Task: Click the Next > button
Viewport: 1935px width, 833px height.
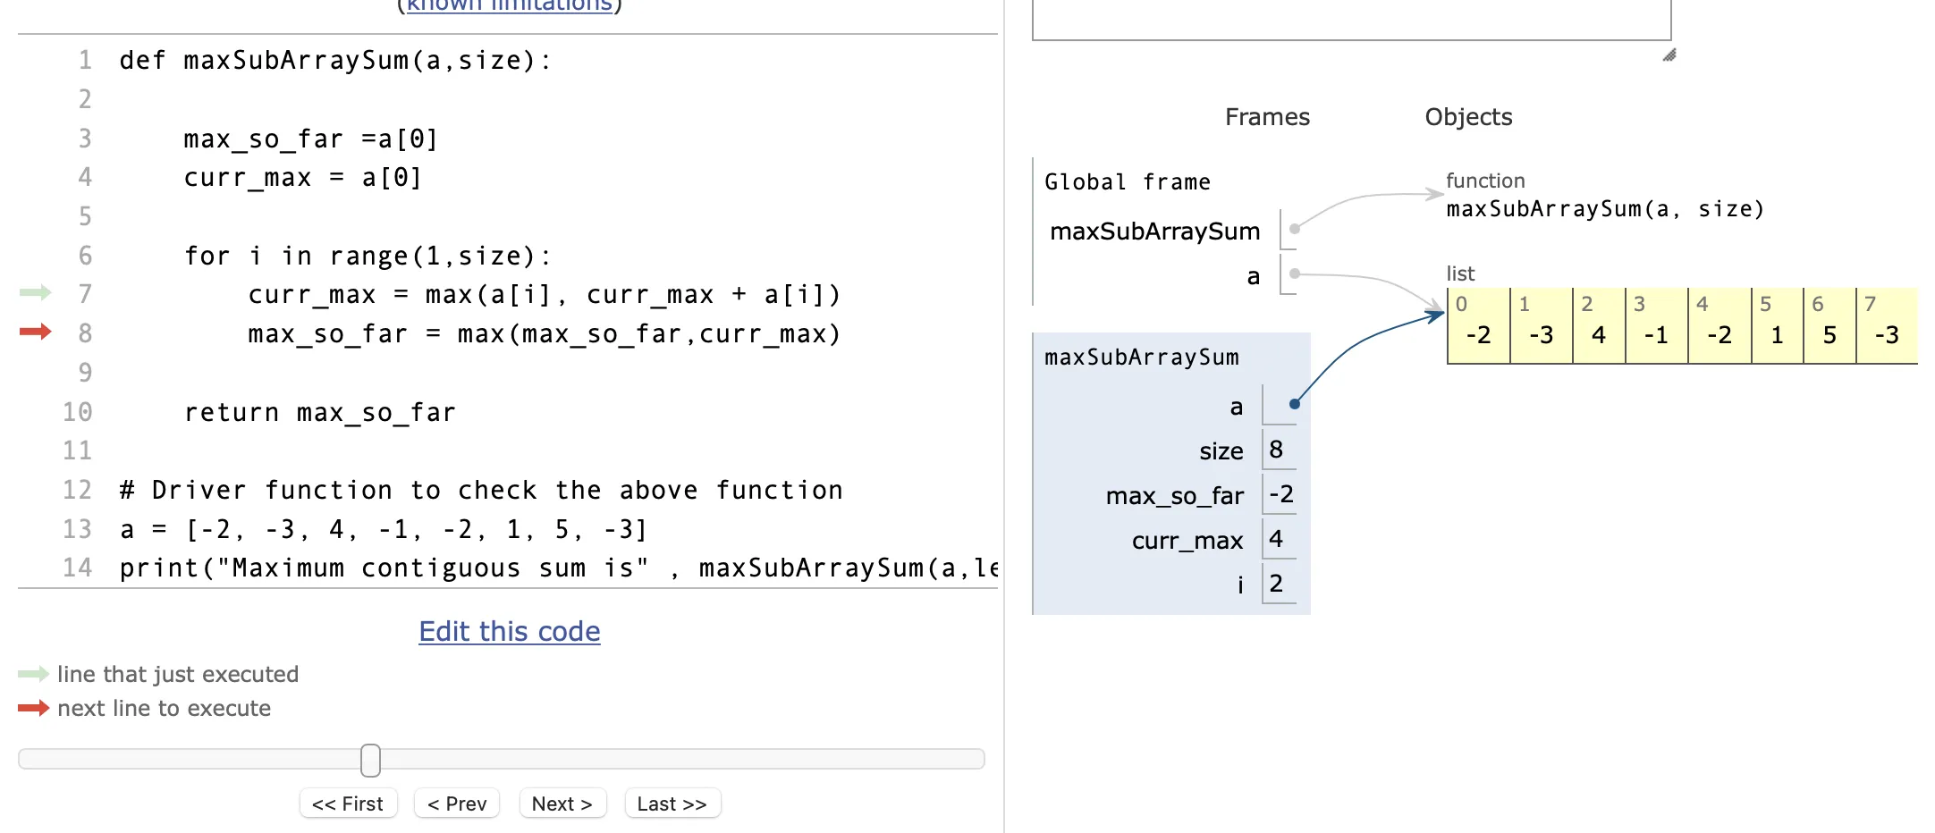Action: (562, 804)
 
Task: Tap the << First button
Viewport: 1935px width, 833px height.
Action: (348, 804)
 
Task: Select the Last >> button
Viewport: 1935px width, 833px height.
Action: (672, 804)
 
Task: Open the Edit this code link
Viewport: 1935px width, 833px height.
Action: (509, 631)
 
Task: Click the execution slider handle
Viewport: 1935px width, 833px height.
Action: (370, 760)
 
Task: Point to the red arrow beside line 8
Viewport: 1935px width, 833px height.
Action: (35, 332)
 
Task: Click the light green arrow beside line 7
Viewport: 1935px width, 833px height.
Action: (35, 292)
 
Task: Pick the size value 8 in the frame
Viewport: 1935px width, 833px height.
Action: (1276, 450)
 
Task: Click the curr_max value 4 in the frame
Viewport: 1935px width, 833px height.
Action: (1276, 539)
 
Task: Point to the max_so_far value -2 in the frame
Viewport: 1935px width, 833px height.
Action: (1280, 494)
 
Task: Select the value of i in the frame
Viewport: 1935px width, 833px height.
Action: (1276, 584)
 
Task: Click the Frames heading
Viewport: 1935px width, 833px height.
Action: (1266, 117)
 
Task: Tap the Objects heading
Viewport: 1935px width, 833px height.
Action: (1467, 117)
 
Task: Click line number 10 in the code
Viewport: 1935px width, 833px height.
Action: (77, 412)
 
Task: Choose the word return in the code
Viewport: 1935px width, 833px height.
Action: (231, 412)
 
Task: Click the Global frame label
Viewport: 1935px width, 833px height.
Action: (1127, 182)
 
